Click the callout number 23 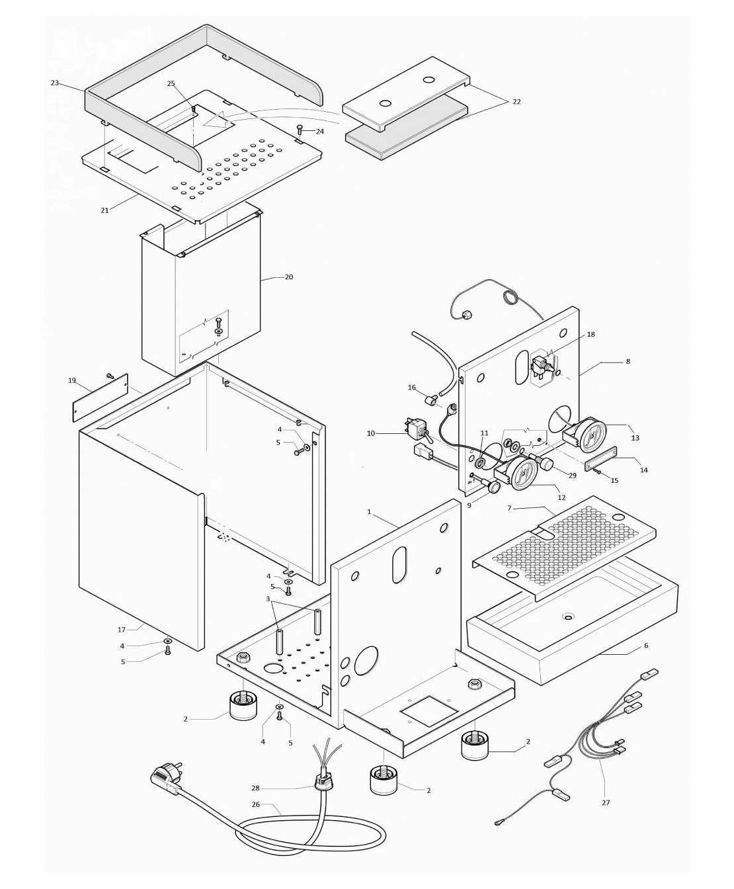[x=54, y=83]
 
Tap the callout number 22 [x=516, y=102]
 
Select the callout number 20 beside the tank [x=288, y=277]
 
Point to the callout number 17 [x=121, y=630]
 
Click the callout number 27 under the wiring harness [x=606, y=802]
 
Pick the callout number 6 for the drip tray [x=645, y=646]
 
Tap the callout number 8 [x=628, y=362]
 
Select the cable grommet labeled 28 [x=323, y=783]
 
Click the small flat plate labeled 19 [x=99, y=396]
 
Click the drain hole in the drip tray [x=568, y=617]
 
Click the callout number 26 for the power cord [x=255, y=805]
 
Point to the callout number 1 [x=369, y=512]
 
